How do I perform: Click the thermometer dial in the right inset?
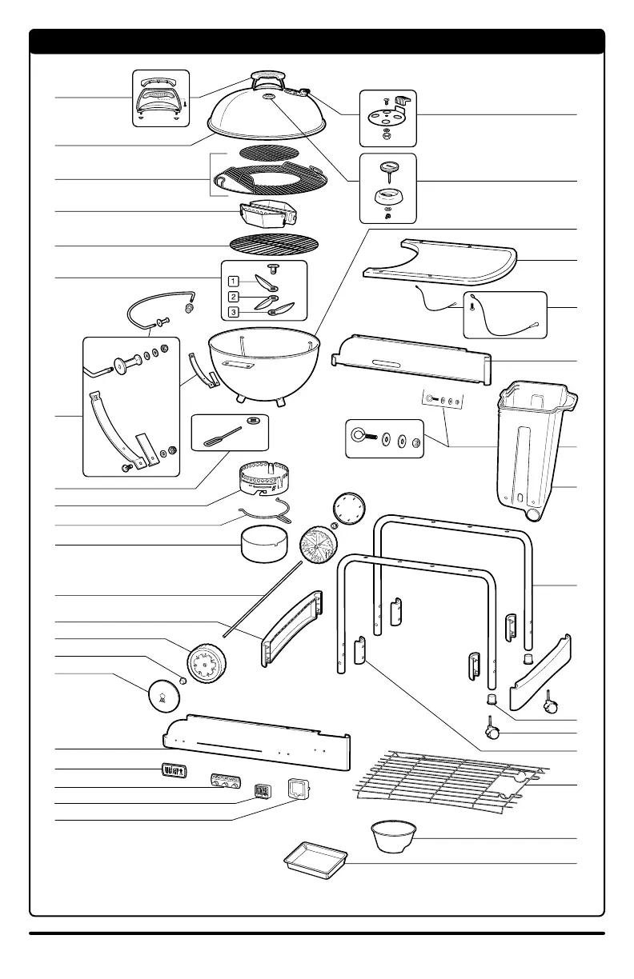pyautogui.click(x=388, y=167)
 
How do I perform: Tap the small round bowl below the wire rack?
pyautogui.click(x=392, y=836)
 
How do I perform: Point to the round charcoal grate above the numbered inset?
pyautogui.click(x=268, y=244)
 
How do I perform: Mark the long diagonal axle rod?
pyautogui.click(x=263, y=597)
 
